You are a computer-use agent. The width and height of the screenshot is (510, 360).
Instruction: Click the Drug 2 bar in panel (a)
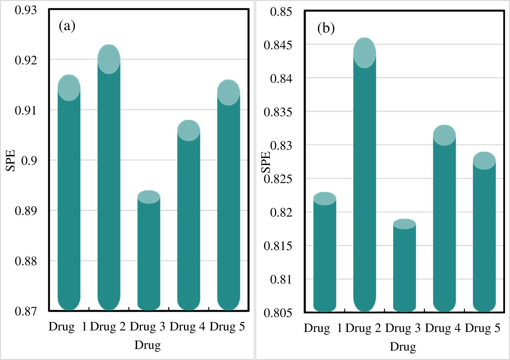pos(109,184)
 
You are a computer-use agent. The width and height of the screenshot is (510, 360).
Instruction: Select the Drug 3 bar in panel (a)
pos(149,253)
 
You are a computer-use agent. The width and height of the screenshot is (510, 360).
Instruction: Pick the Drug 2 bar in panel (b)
pos(364,184)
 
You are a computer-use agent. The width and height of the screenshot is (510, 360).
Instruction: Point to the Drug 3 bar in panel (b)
pos(404,269)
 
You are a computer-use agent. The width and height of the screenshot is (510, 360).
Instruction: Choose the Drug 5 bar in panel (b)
pos(484,238)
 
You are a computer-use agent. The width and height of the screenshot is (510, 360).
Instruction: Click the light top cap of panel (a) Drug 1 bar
pos(69,88)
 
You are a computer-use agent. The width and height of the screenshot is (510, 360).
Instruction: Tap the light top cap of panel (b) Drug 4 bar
pos(444,135)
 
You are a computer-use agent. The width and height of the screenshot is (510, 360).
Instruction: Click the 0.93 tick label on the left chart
pos(26,10)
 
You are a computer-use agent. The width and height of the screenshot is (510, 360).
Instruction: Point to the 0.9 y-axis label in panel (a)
pos(29,160)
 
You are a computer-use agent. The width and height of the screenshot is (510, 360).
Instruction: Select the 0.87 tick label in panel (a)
pos(26,311)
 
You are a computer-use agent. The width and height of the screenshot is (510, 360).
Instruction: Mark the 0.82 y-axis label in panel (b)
pos(281,212)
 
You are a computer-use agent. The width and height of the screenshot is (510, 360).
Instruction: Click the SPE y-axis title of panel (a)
pos(11,160)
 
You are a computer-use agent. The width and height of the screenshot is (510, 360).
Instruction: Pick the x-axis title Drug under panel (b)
pos(403,347)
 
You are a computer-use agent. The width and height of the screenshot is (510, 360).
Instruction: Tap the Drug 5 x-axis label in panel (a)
pos(227,327)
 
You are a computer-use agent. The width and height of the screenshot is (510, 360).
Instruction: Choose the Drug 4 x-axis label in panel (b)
pos(443,329)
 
